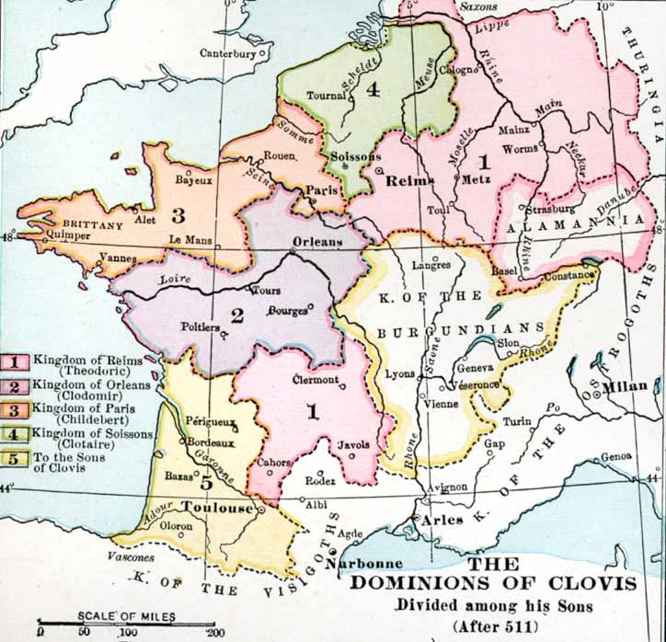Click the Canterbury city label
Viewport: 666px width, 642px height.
227,53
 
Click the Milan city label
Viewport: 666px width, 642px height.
626,385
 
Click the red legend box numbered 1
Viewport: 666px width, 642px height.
17,360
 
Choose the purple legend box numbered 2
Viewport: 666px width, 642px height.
17,385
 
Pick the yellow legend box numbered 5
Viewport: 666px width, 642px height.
17,459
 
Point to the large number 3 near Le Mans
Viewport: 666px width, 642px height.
178,217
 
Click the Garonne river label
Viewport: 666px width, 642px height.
232,467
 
